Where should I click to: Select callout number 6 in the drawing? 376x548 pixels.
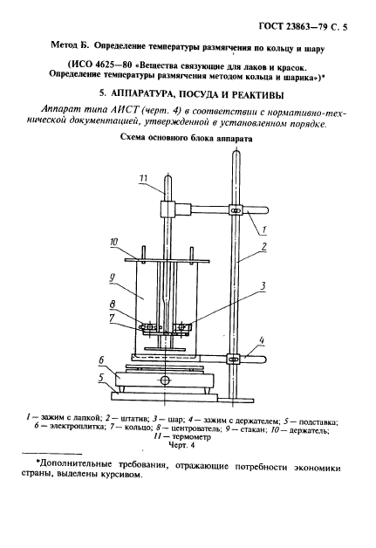point(103,360)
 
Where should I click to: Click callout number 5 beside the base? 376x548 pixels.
point(103,378)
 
